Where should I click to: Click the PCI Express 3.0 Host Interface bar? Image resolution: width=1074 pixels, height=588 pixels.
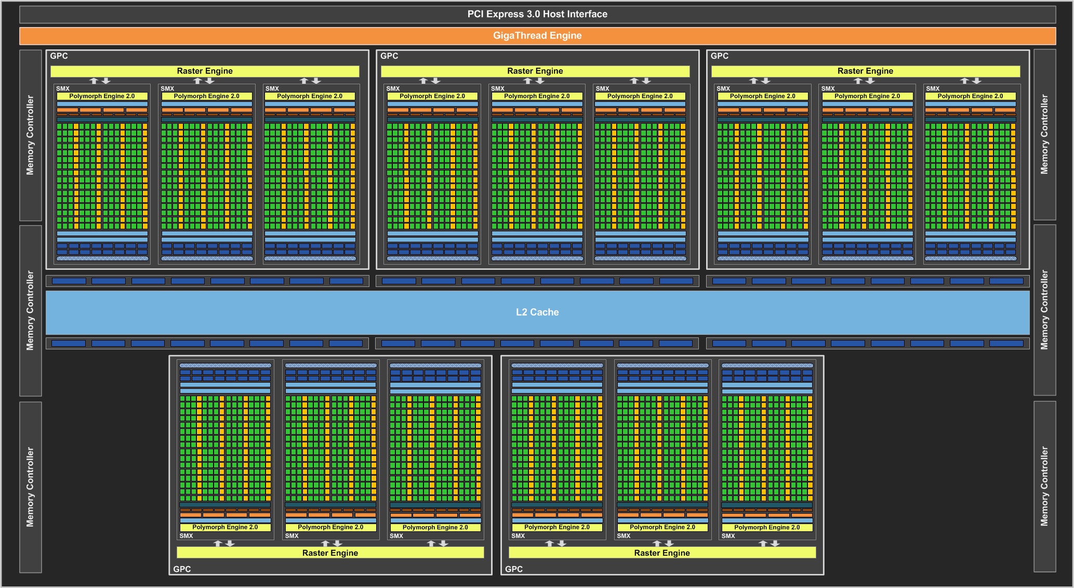point(537,14)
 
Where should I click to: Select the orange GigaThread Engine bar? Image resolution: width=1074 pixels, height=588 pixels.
point(537,35)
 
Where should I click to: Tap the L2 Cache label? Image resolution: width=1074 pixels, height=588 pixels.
point(537,312)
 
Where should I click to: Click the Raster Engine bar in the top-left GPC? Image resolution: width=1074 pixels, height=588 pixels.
point(205,71)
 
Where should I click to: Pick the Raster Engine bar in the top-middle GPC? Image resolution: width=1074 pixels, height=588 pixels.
point(535,71)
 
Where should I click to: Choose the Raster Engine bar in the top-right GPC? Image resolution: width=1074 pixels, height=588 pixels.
point(866,71)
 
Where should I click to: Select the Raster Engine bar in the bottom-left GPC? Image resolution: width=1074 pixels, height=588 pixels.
point(330,553)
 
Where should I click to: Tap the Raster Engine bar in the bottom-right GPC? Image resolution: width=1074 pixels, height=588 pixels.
point(662,553)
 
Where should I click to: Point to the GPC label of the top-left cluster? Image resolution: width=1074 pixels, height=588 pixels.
point(59,56)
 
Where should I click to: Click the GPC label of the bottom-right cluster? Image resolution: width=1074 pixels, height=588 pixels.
point(514,569)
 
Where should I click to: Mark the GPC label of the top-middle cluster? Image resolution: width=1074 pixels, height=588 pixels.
point(389,56)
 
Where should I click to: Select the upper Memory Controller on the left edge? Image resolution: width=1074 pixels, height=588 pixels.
point(31,135)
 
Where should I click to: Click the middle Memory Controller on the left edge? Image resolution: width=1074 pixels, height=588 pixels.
point(31,311)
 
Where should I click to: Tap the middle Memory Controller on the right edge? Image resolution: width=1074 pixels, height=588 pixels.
point(1045,310)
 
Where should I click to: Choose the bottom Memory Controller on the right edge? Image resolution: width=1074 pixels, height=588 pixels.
point(1045,487)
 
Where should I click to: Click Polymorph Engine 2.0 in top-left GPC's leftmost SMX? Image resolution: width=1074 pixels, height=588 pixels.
point(102,96)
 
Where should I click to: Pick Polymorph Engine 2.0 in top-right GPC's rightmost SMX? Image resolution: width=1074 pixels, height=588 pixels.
point(971,96)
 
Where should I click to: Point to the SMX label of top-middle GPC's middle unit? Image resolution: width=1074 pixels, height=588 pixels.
point(498,89)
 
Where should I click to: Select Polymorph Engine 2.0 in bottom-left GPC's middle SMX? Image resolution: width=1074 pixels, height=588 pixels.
point(330,527)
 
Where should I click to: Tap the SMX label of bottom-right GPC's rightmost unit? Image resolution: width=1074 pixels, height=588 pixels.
point(728,536)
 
